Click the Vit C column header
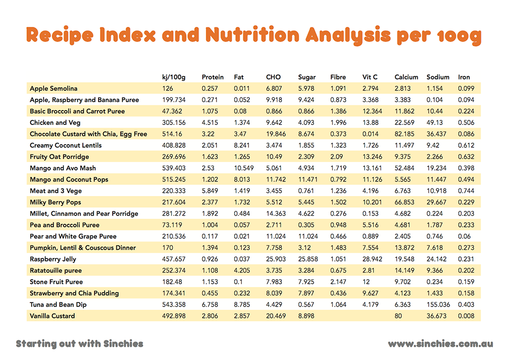click(x=370, y=77)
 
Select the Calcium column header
click(x=406, y=77)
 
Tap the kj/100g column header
click(x=173, y=77)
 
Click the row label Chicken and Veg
click(x=55, y=122)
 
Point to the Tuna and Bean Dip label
click(x=59, y=304)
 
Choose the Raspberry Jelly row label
click(x=52, y=259)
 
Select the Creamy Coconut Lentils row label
click(x=66, y=145)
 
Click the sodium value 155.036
click(x=439, y=304)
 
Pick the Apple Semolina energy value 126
click(x=167, y=88)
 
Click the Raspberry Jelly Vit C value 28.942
click(x=373, y=259)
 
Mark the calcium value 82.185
click(x=405, y=134)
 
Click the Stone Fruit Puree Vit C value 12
click(x=366, y=282)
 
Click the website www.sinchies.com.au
click(x=440, y=344)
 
